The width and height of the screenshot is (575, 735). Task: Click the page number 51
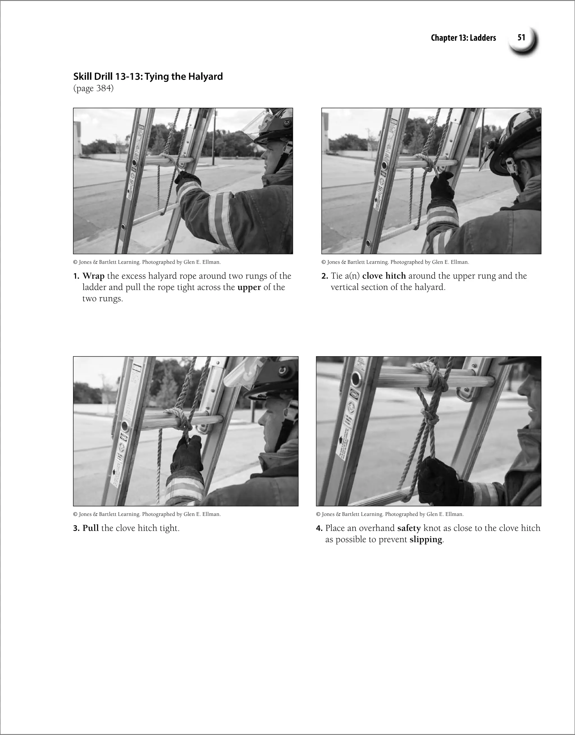(x=521, y=38)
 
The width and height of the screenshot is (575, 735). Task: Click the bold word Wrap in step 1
(x=93, y=276)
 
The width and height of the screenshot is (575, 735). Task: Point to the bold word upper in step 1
(x=249, y=287)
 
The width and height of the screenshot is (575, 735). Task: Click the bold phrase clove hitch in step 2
(x=384, y=276)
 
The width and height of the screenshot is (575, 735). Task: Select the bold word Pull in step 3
(x=91, y=528)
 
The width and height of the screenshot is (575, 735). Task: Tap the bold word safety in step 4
(x=409, y=528)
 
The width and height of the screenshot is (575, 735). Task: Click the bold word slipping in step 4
(x=425, y=539)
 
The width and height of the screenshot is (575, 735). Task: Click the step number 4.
(x=319, y=528)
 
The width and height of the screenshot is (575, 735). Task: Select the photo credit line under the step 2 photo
(x=395, y=262)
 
